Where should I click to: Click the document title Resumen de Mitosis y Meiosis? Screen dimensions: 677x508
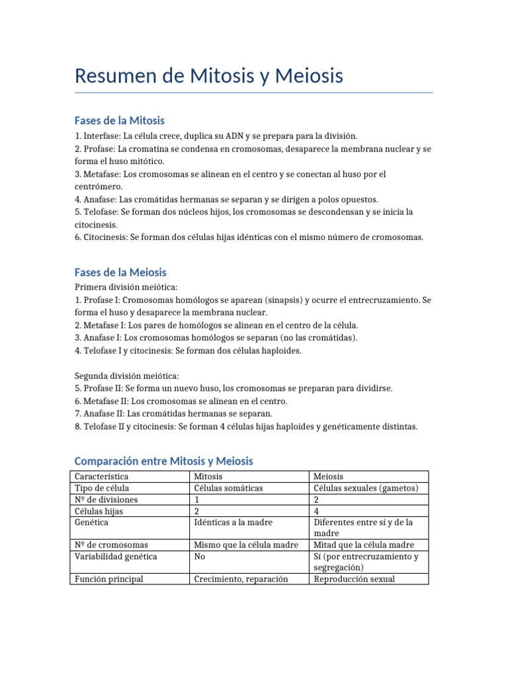coord(209,76)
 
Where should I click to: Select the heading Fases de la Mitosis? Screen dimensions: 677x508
coord(120,120)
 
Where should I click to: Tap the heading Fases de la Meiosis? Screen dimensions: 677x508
coord(120,272)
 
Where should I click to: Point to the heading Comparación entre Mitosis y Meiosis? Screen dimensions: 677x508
coord(163,461)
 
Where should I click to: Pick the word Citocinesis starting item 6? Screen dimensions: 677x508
coord(105,237)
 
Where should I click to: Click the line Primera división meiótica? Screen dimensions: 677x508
coord(126,288)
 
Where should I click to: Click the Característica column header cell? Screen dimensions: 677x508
coord(102,477)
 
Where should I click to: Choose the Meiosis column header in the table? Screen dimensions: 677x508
coord(329,477)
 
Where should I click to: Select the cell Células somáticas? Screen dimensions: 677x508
coord(228,488)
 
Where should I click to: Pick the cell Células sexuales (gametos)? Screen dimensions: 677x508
coord(366,488)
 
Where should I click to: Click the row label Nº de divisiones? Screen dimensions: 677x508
coord(106,500)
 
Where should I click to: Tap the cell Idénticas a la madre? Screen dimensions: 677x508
coord(233,522)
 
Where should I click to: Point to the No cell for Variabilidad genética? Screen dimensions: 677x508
coord(199,557)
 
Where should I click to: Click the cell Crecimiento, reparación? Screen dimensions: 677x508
coord(241,579)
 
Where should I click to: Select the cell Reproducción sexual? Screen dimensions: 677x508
coord(355,579)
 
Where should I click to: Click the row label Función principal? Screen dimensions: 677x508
coord(109,579)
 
